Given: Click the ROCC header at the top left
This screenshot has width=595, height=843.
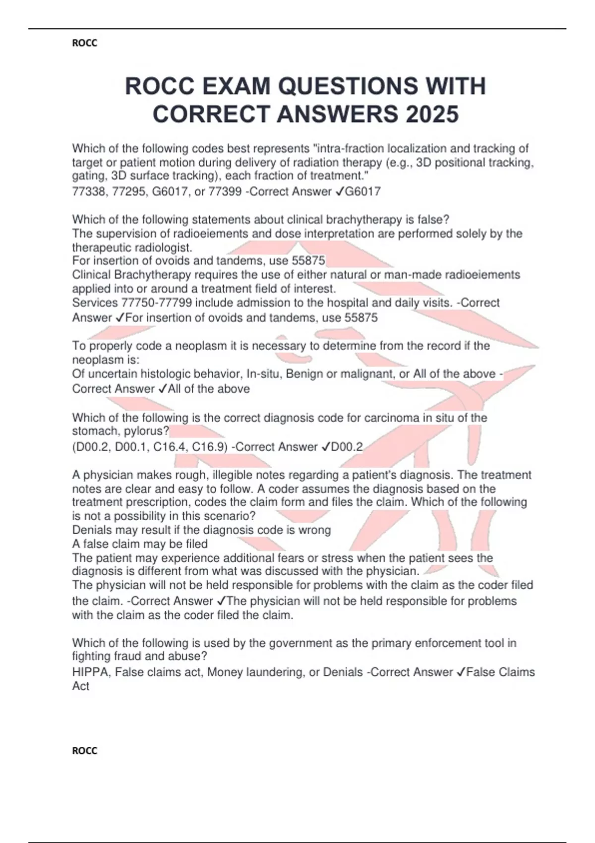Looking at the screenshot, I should (x=84, y=43).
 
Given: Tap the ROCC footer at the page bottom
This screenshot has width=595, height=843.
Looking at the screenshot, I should (x=84, y=751).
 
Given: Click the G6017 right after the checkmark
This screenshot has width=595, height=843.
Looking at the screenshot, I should (x=362, y=192).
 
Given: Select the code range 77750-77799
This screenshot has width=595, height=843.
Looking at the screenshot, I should (x=156, y=303).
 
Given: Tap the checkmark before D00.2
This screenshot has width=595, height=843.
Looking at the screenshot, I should (x=325, y=447).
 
